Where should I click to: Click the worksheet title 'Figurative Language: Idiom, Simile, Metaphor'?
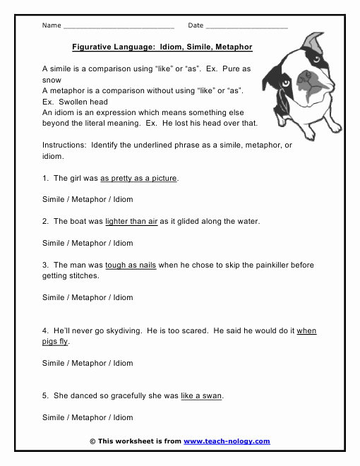click(162, 47)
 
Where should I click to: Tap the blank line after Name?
click(119, 27)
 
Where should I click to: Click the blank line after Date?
click(247, 27)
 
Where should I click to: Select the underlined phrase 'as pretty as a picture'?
click(139, 178)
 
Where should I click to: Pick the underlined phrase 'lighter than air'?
click(131, 221)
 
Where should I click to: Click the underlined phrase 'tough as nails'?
click(131, 265)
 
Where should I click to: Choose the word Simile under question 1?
click(54, 199)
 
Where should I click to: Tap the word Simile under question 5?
click(54, 417)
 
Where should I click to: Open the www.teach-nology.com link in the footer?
click(227, 441)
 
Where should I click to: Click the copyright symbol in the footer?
click(92, 441)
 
